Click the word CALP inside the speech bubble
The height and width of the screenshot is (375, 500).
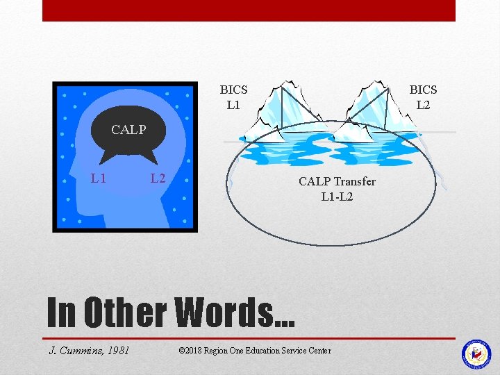click(x=128, y=129)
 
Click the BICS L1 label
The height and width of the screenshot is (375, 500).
click(x=233, y=97)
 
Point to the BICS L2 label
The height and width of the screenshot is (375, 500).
click(x=423, y=97)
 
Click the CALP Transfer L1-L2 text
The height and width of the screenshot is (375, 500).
click(x=337, y=189)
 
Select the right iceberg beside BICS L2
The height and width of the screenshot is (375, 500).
click(x=375, y=111)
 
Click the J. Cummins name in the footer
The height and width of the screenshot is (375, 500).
click(x=74, y=350)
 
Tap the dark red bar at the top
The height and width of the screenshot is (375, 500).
click(x=249, y=10)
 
